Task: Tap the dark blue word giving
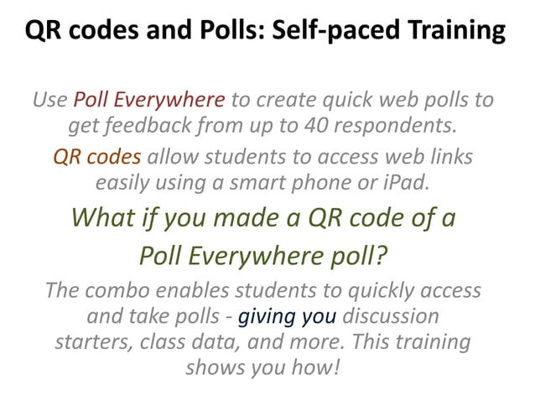(266, 317)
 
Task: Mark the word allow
(173, 157)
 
